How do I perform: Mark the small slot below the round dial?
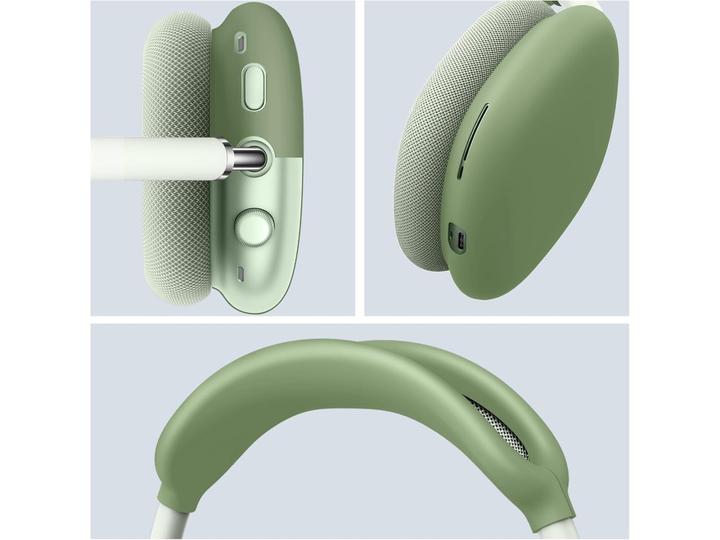(x=241, y=274)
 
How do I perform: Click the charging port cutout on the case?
(x=461, y=241)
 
